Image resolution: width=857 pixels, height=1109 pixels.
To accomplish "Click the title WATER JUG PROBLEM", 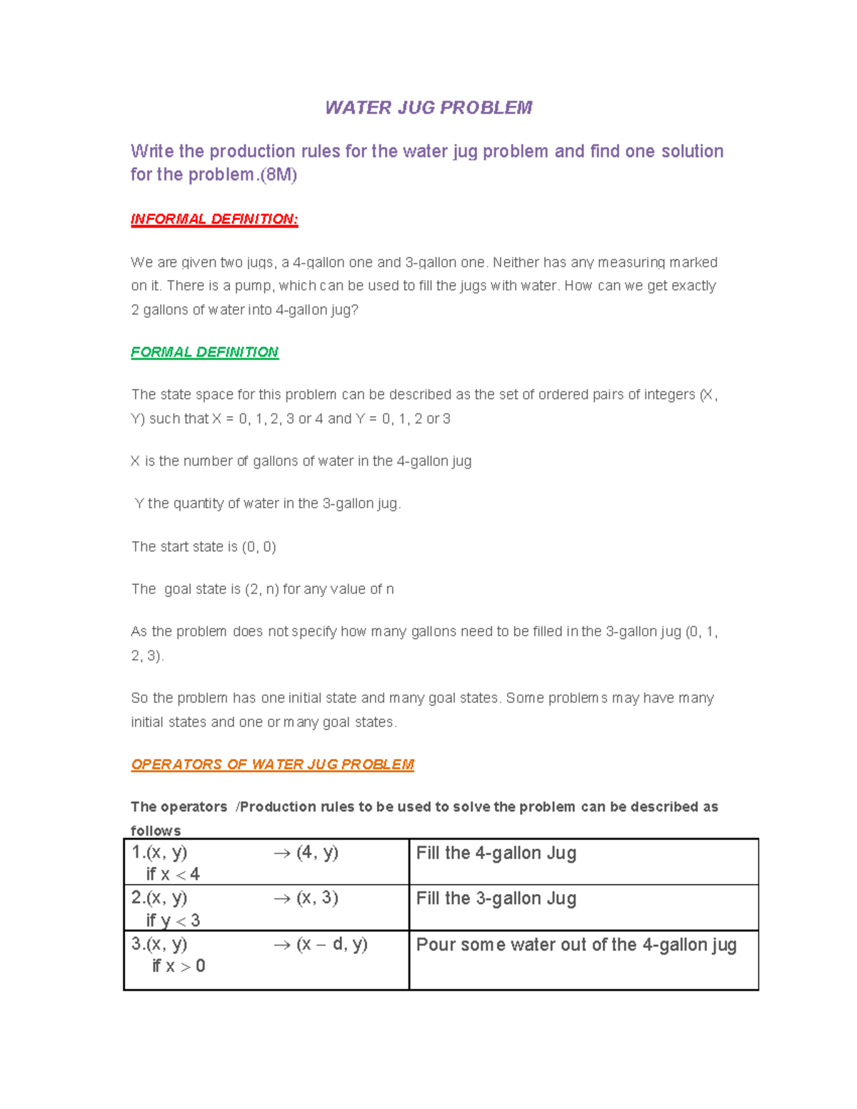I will [428, 108].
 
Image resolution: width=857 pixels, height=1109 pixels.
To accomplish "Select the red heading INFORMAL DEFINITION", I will [214, 219].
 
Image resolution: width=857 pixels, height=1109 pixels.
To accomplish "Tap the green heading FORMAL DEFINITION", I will [205, 352].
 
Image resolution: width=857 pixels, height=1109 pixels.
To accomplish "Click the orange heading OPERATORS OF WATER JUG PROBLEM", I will [272, 764].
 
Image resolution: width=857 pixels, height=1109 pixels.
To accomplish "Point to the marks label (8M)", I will [279, 175].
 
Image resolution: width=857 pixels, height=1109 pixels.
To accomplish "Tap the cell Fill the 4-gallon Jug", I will [496, 853].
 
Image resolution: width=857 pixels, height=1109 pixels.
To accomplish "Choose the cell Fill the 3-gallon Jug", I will [496, 898].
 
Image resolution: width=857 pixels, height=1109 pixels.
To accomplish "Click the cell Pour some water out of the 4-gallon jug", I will [576, 945].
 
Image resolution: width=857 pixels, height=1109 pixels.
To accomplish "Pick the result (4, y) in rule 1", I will [317, 853].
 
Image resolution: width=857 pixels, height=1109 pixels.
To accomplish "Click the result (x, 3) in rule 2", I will [317, 898].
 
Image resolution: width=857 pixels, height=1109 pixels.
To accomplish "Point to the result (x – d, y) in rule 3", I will [332, 944].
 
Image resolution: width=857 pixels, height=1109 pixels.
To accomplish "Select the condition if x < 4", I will [173, 874].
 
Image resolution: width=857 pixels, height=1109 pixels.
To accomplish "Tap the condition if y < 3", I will [173, 920].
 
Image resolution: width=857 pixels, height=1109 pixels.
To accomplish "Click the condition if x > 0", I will [179, 966].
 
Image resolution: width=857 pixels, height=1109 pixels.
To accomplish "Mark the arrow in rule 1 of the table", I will [282, 854].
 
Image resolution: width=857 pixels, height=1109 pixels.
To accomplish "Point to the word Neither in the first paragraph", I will [516, 263].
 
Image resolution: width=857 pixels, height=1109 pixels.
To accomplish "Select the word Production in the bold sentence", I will [278, 807].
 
